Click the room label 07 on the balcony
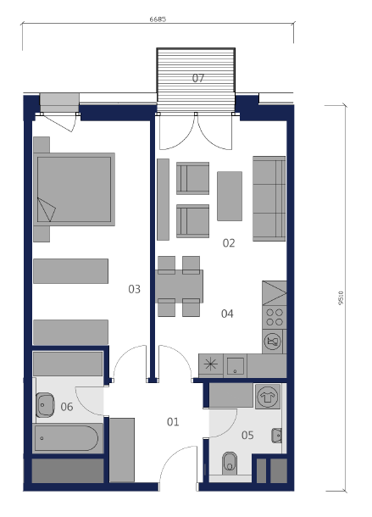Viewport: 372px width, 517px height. click(x=198, y=78)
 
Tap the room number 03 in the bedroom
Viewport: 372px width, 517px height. click(x=134, y=289)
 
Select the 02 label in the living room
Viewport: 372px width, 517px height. click(x=229, y=243)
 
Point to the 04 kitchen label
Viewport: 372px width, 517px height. click(x=227, y=314)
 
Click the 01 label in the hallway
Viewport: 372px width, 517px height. click(x=173, y=422)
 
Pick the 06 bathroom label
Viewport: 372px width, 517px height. click(x=67, y=407)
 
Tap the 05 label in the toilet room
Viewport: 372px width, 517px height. click(x=247, y=436)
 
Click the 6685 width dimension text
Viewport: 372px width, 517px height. click(x=158, y=19)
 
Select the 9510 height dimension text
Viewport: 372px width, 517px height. click(x=341, y=297)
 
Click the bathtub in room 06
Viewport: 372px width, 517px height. click(x=67, y=438)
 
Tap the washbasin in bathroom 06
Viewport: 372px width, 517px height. click(x=45, y=404)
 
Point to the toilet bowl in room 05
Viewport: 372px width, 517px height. click(x=230, y=463)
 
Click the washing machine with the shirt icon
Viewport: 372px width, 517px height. click(x=268, y=396)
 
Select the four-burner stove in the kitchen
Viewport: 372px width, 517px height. click(x=275, y=317)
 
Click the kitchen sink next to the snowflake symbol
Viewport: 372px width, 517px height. click(x=235, y=365)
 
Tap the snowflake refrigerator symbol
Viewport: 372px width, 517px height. click(x=211, y=364)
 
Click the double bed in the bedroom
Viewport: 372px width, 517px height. click(x=75, y=189)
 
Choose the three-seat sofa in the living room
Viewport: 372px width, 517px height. click(x=269, y=198)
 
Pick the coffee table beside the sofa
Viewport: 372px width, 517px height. click(x=230, y=196)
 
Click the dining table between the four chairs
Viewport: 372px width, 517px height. click(x=180, y=286)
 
